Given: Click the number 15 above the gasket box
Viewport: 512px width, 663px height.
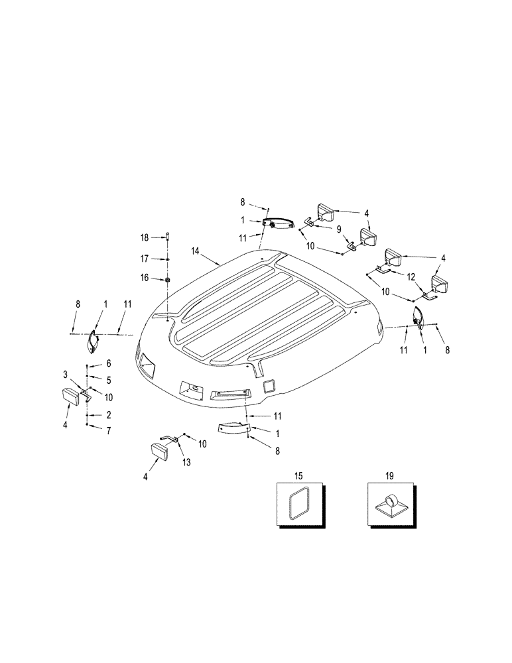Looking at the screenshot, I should click(x=298, y=476).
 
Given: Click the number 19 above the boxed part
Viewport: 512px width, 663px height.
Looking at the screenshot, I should click(x=389, y=476).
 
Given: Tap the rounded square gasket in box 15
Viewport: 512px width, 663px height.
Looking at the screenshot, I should click(x=298, y=504).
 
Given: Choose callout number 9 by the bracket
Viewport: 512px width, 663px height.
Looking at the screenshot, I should click(x=339, y=229).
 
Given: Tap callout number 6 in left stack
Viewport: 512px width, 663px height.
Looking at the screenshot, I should click(x=108, y=364).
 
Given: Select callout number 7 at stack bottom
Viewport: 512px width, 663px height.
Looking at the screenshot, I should click(x=108, y=431).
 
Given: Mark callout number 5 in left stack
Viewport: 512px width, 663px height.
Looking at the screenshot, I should click(x=108, y=380).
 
